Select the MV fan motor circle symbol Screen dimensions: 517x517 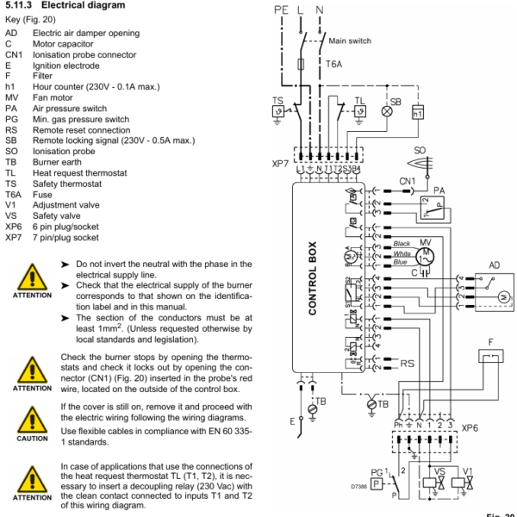423,255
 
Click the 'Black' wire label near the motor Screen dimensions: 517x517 402,244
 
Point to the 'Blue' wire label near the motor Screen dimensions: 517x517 401,261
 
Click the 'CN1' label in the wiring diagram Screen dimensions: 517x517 408,182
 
